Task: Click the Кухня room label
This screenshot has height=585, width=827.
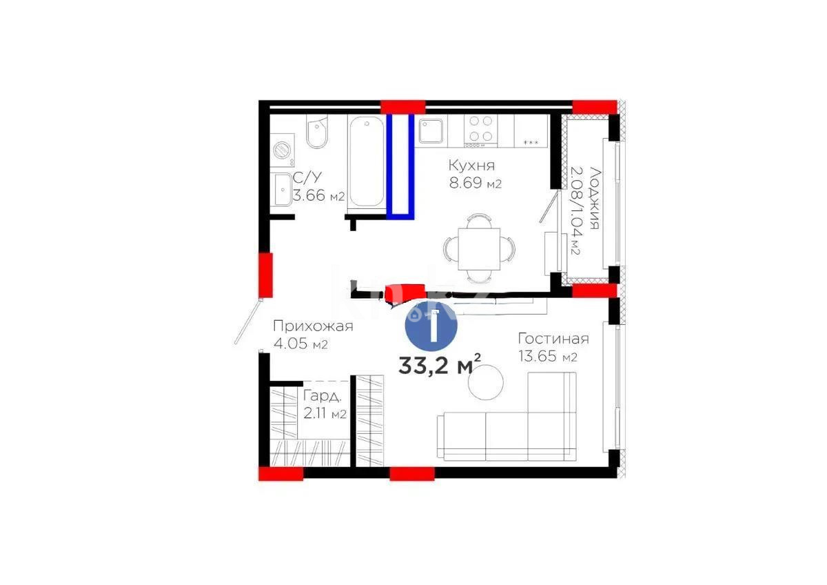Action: click(471, 166)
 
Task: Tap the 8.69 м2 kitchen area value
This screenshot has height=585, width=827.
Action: click(474, 184)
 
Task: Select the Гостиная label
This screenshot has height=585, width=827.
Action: click(553, 339)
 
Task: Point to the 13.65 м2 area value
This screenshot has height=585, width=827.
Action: click(547, 357)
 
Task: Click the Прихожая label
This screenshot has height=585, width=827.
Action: click(313, 326)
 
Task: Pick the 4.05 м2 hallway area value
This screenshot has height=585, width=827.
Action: click(300, 344)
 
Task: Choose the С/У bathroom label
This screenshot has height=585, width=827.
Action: click(304, 179)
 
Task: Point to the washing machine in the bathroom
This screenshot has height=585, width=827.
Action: click(282, 150)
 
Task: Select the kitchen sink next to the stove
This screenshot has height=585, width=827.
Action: click(433, 129)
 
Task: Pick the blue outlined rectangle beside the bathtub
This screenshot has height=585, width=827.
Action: click(400, 166)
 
